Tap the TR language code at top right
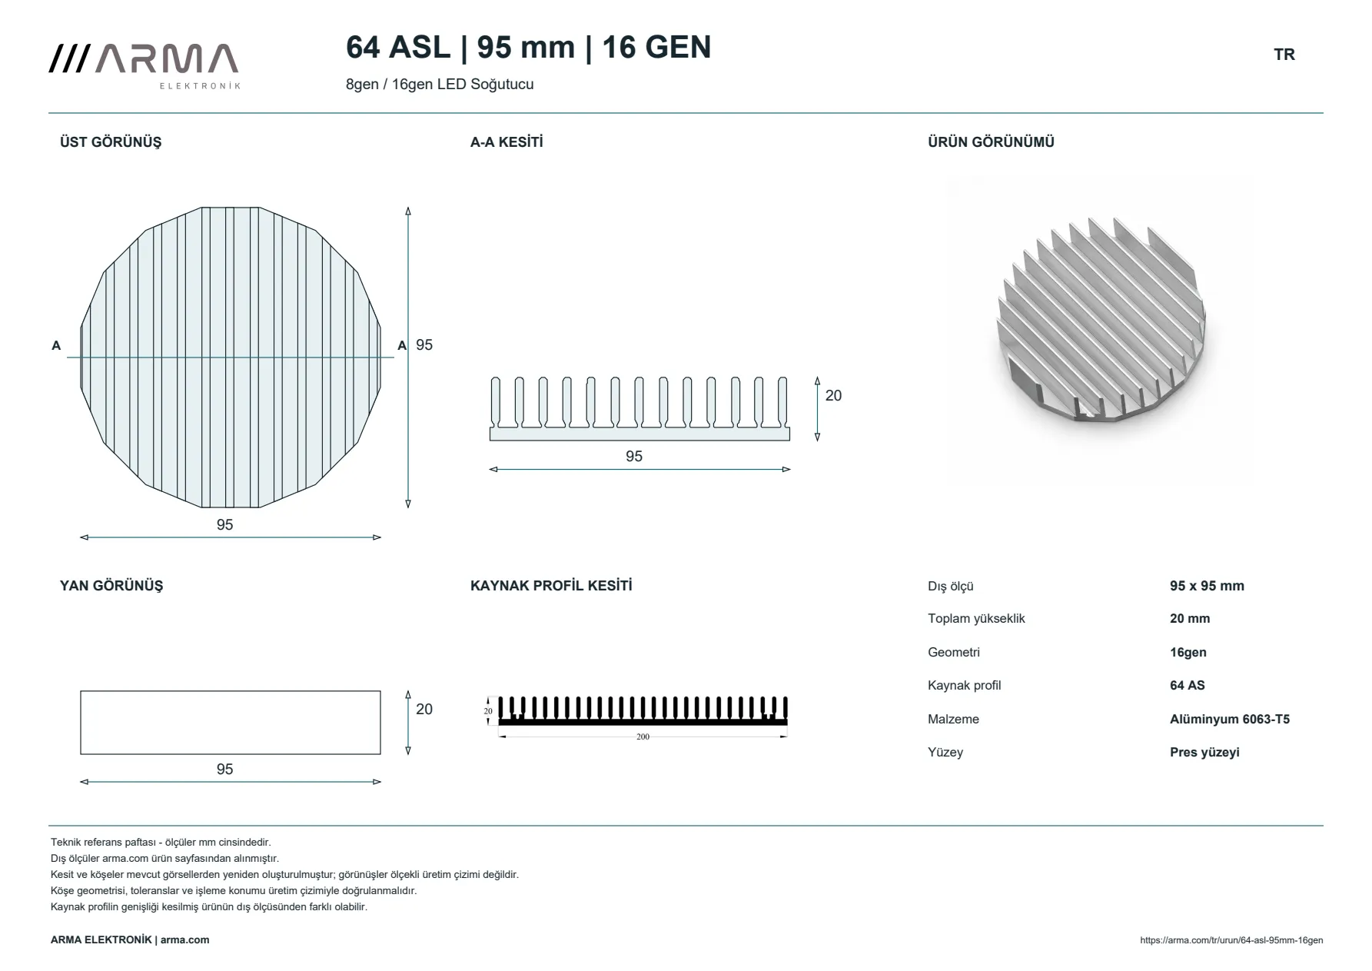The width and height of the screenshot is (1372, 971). pos(1284,55)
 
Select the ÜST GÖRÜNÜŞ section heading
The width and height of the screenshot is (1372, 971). pos(111,142)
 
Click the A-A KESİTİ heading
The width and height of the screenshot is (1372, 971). pos(507,142)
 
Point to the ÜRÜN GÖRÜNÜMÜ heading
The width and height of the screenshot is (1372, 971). pos(991,142)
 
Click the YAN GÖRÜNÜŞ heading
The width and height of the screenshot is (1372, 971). pos(111,586)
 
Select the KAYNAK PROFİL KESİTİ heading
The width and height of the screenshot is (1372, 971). pos(551,586)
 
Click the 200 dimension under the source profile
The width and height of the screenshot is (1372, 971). pos(643,737)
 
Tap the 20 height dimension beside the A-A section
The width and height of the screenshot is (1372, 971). pos(833,396)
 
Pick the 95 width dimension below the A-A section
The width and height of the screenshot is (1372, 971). pos(634,457)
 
